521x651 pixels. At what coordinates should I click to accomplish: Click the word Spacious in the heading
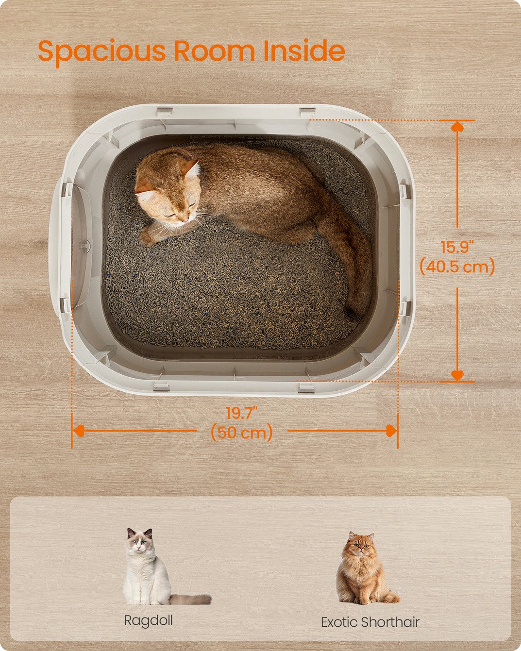pyautogui.click(x=101, y=52)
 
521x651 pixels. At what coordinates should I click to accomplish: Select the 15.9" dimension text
pyautogui.click(x=457, y=247)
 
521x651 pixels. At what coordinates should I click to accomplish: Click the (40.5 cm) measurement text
pyautogui.click(x=457, y=267)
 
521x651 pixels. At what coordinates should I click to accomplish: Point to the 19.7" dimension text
pyautogui.click(x=241, y=413)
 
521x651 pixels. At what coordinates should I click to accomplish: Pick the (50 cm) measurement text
pyautogui.click(x=242, y=432)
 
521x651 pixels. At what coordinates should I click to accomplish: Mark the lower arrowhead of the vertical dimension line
pyautogui.click(x=457, y=375)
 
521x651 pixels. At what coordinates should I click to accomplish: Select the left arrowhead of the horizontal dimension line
pyautogui.click(x=79, y=431)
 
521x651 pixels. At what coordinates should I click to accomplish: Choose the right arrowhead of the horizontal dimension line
pyautogui.click(x=391, y=431)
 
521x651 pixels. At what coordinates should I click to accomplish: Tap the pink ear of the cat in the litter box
pyautogui.click(x=192, y=170)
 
